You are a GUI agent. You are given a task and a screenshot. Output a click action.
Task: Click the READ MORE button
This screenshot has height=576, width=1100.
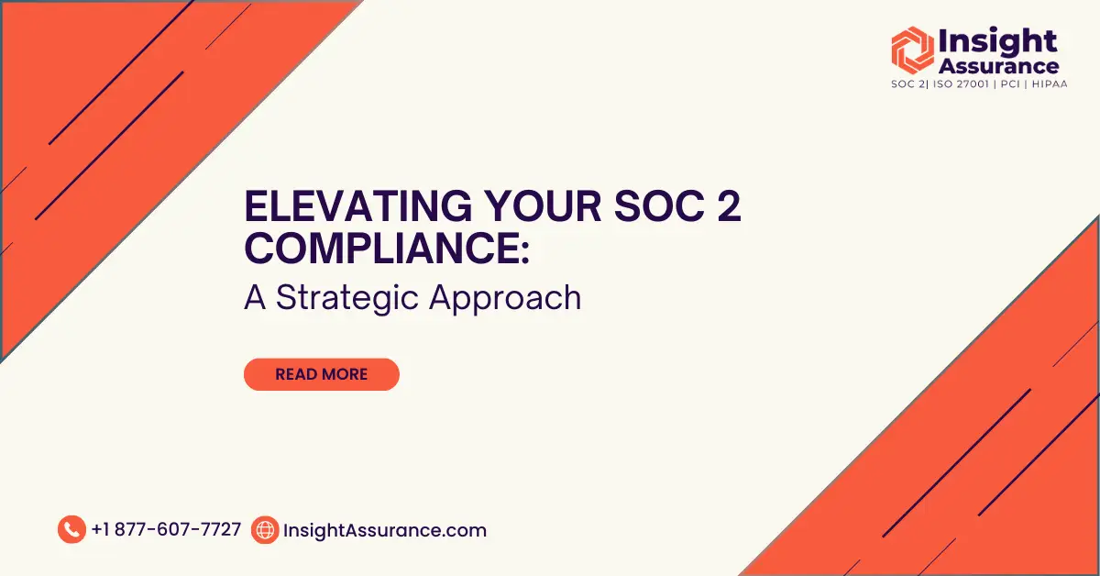321,374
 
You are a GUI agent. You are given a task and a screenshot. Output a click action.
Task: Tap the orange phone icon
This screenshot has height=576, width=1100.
71,530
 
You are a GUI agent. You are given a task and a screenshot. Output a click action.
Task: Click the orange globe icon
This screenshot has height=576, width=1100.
265,530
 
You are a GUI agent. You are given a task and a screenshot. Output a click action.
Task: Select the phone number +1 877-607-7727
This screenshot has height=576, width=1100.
166,530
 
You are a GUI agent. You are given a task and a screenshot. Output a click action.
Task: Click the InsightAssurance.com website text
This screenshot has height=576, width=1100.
385,530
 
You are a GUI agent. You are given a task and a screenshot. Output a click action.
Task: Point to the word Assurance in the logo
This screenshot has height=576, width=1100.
998,66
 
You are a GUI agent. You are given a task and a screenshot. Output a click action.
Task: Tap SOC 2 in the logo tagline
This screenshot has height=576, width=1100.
907,84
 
